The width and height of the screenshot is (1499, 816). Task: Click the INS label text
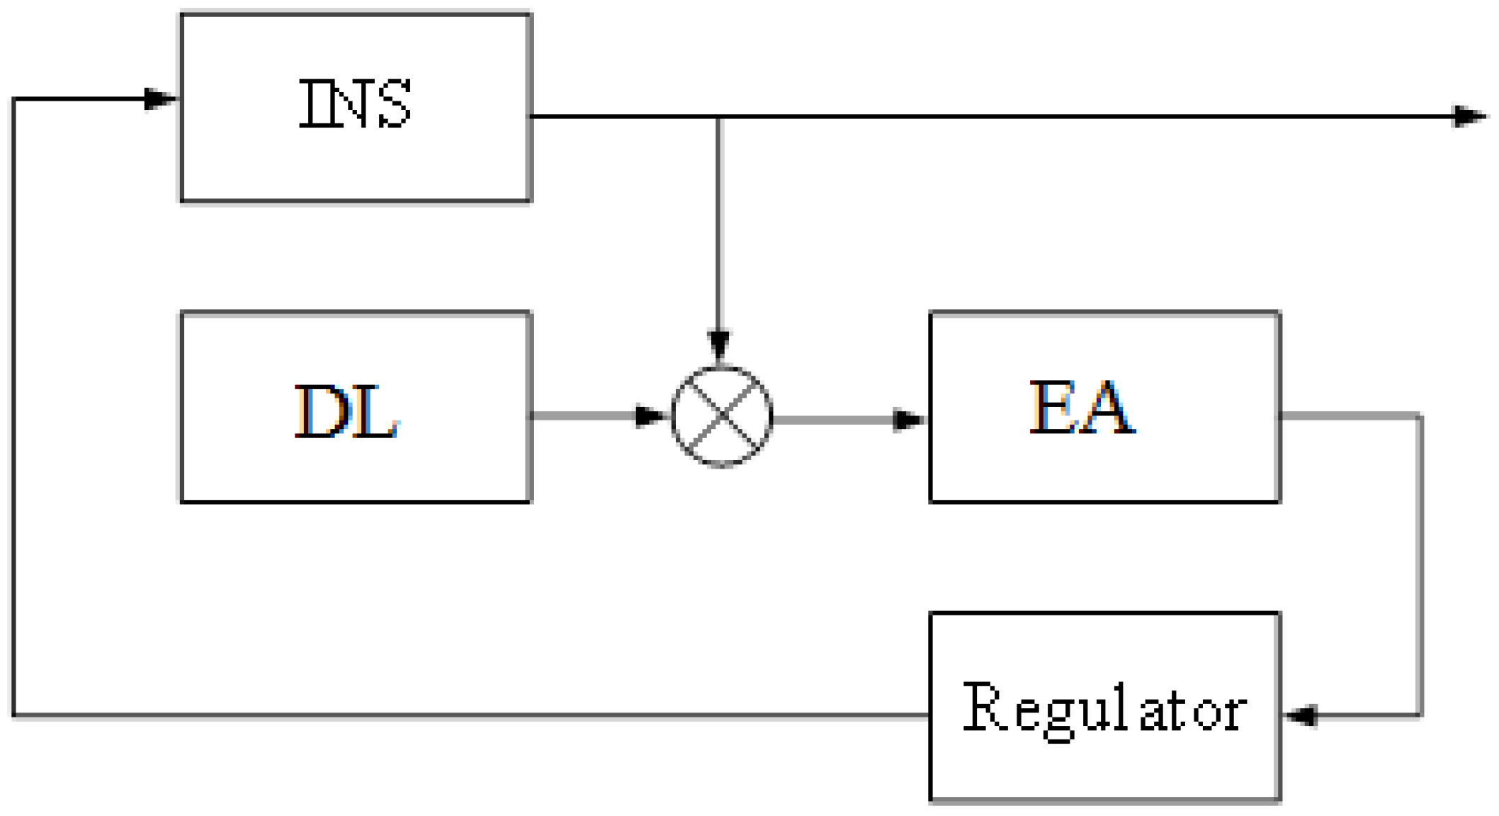point(355,104)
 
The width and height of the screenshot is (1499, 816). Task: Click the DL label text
point(346,412)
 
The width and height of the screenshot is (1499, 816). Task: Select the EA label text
point(1082,408)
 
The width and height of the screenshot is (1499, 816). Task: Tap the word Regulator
point(1104,709)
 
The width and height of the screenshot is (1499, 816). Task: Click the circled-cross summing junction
point(721,416)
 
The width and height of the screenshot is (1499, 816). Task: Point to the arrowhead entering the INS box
point(160,99)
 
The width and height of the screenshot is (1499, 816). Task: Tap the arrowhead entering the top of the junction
point(719,345)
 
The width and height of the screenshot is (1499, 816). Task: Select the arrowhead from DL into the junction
point(650,415)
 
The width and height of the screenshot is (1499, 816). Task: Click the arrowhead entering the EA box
point(908,420)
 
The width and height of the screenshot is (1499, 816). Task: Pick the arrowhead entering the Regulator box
point(1302,715)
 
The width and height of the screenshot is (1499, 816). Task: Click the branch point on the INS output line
point(718,116)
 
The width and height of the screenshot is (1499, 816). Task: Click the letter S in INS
point(395,104)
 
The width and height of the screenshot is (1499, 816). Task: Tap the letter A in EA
point(1108,408)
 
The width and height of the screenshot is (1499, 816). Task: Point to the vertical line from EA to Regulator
point(1420,567)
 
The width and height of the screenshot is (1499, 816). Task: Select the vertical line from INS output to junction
point(718,227)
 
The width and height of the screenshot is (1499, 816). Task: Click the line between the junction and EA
point(836,420)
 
